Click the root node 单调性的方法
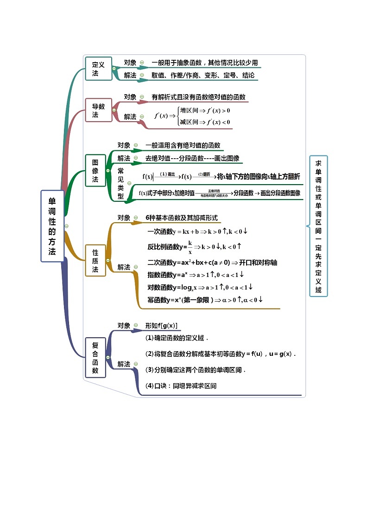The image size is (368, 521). [52, 226]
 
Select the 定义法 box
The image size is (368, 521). [98, 69]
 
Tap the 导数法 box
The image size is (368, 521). [98, 110]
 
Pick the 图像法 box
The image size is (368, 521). [95, 170]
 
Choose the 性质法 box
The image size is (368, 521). [95, 260]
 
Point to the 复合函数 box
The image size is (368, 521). [95, 357]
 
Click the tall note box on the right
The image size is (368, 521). [318, 226]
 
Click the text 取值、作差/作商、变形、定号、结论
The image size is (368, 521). [203, 75]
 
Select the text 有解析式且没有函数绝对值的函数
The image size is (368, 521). [198, 97]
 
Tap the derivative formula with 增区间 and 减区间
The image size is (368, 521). [192, 116]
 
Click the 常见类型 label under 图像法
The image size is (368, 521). [121, 183]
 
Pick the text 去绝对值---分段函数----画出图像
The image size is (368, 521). [192, 158]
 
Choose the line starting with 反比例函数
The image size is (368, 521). [195, 247]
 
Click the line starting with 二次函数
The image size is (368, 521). [212, 263]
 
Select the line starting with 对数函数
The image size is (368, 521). [199, 287]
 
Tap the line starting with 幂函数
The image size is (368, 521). [205, 300]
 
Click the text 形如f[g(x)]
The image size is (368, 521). [161, 326]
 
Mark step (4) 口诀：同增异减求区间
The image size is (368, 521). [181, 386]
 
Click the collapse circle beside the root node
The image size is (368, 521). [67, 226]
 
